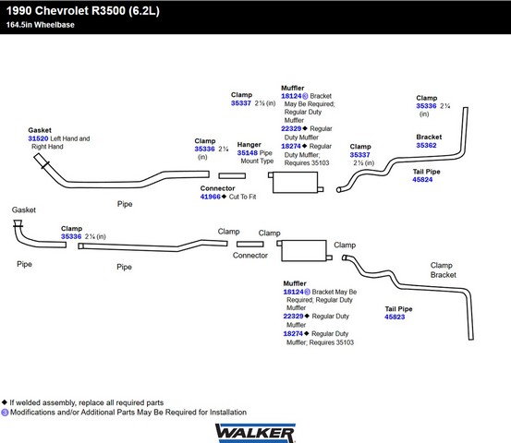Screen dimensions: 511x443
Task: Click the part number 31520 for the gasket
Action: [x=38, y=138]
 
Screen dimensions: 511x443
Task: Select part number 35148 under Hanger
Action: [x=247, y=153]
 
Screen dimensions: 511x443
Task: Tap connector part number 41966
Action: [x=210, y=197]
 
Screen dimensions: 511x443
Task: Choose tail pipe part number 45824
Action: [x=422, y=180]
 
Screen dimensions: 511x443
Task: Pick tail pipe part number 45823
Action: [x=395, y=317]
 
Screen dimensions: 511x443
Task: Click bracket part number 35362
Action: [x=426, y=146]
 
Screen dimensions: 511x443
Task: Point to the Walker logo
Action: [x=255, y=433]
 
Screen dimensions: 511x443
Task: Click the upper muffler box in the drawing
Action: [x=295, y=183]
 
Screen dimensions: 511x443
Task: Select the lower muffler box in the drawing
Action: [x=304, y=251]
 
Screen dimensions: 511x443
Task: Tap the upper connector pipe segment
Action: [x=232, y=176]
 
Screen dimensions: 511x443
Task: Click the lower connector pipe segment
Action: [x=250, y=245]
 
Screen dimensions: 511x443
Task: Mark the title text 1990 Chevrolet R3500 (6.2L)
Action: [x=83, y=11]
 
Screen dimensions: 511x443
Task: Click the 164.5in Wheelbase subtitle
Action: [x=41, y=25]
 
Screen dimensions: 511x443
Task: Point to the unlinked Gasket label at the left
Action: [x=24, y=210]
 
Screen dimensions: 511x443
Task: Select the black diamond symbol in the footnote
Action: [x=5, y=402]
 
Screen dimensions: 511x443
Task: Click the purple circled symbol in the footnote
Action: [x=5, y=413]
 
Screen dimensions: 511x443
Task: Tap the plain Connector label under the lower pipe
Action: [x=250, y=256]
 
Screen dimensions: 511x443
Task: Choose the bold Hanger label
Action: [x=249, y=145]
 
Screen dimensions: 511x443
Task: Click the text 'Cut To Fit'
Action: [x=242, y=197]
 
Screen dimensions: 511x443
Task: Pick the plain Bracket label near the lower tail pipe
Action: [x=444, y=275]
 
